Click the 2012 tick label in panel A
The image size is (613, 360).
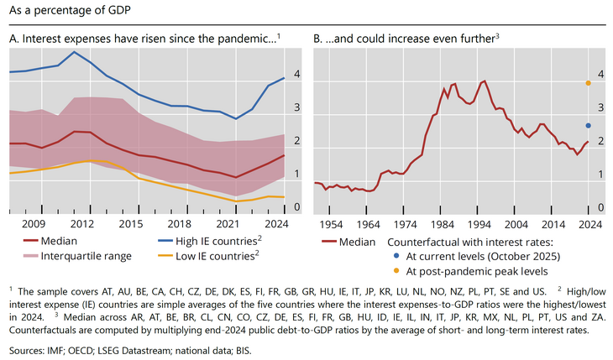[x=81, y=224]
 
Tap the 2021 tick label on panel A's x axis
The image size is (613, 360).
[x=228, y=224]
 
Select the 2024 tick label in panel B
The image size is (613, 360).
[x=591, y=224]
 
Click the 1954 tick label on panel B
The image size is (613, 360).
[x=331, y=224]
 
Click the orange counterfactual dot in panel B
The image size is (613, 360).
[x=589, y=83]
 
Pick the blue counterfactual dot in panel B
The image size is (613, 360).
[x=589, y=126]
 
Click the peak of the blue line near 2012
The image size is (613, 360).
[x=75, y=52]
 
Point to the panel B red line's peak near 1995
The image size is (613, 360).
[x=484, y=81]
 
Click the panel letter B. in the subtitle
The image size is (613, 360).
[x=319, y=39]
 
